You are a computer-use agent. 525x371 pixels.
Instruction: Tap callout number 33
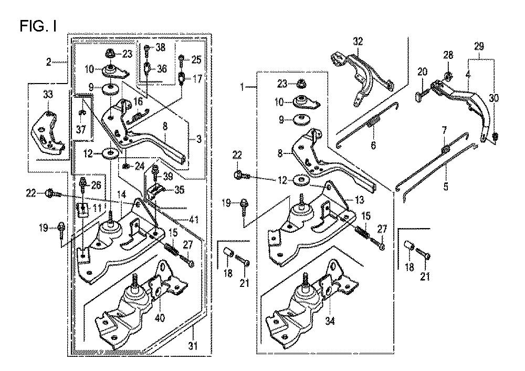point(48,95)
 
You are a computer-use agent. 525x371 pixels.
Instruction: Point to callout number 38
point(160,47)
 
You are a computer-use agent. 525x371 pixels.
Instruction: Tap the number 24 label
point(139,167)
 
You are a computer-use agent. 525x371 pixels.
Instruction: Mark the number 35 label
point(180,190)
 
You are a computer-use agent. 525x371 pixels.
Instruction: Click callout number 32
point(358,42)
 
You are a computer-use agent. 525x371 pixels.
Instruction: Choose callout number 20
point(422,72)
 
